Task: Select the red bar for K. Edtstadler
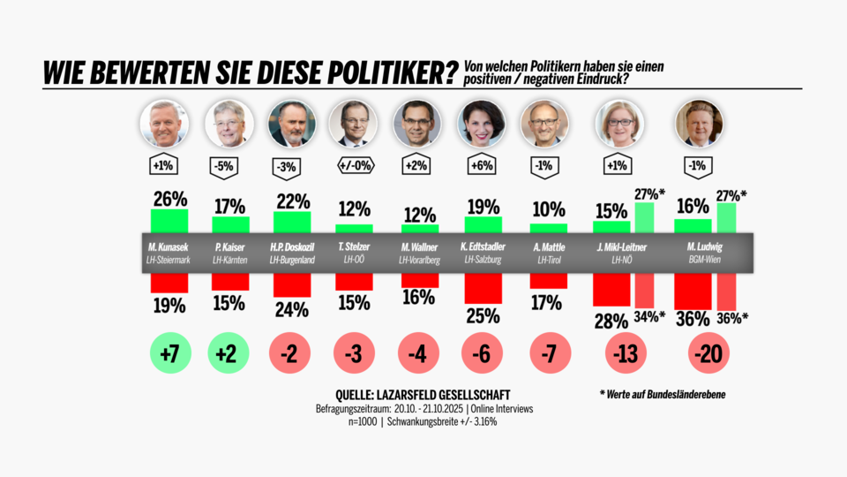pos(483,287)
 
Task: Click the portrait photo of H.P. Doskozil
pos(292,124)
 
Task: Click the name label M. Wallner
pos(419,247)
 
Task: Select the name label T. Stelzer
pos(355,247)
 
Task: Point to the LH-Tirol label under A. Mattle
pos(547,260)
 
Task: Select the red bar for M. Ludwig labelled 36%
pos(693,291)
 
